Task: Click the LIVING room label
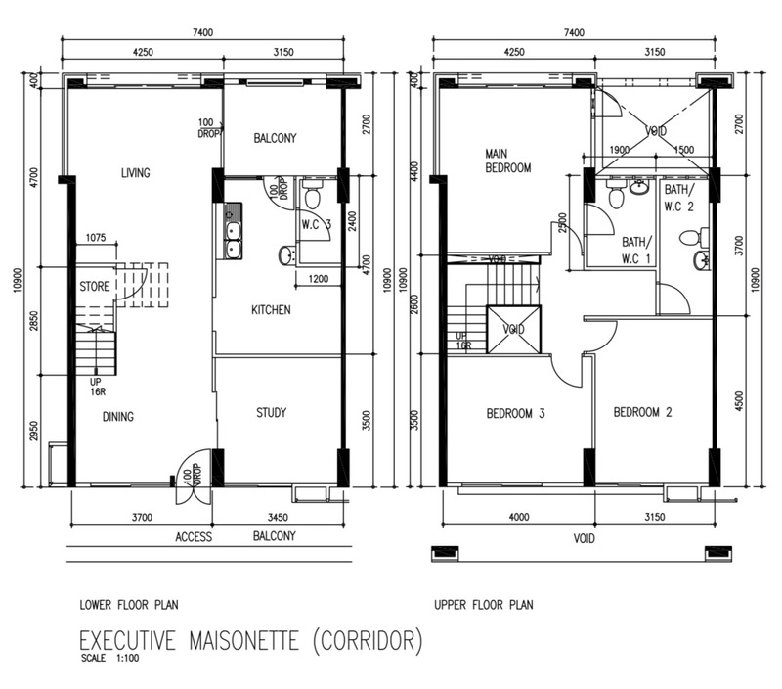[136, 174]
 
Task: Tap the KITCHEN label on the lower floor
[271, 311]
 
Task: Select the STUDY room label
[271, 413]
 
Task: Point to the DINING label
[118, 417]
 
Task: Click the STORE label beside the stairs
[95, 288]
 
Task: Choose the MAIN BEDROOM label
[508, 161]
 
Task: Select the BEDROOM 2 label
[643, 413]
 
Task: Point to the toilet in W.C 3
[313, 197]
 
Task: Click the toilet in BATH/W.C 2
[691, 237]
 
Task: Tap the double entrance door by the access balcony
[193, 477]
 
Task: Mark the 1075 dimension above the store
[96, 238]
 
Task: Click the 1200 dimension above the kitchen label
[318, 280]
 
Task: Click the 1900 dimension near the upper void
[620, 150]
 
